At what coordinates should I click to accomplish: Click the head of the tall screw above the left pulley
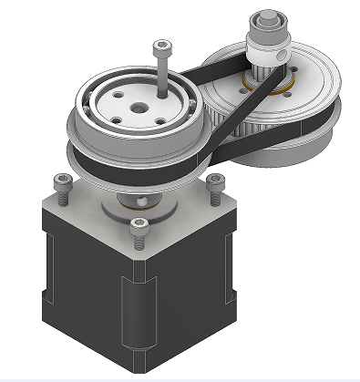[x=162, y=46]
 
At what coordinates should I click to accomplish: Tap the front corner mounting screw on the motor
[x=139, y=229]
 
